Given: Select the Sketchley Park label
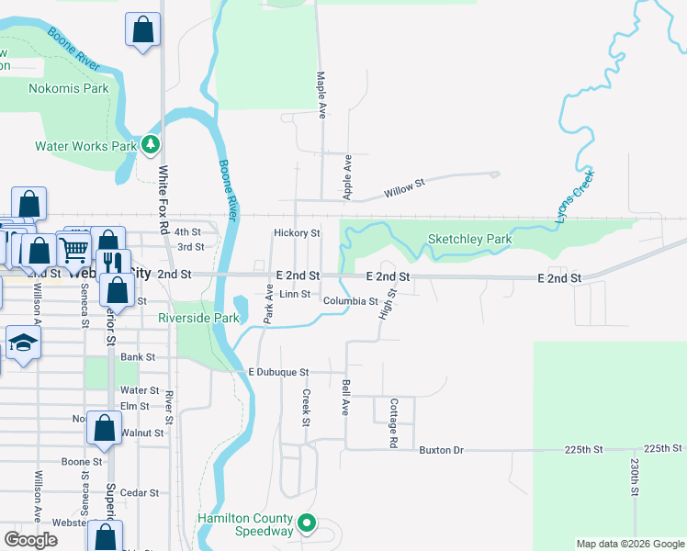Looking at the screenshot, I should [469, 240].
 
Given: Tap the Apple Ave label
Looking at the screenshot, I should [347, 176].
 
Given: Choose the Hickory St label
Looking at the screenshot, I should [296, 233].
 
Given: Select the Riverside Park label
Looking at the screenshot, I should [198, 318].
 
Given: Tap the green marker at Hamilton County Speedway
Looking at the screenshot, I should [308, 525].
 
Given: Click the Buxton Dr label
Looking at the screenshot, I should [442, 450].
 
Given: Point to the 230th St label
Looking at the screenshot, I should [635, 478].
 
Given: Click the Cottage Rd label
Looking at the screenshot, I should [393, 422].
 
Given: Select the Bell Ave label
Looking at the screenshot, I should [346, 397].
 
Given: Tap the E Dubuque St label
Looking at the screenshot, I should [278, 372].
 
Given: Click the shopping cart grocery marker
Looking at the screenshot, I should [74, 247].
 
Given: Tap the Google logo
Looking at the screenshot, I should [30, 540].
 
